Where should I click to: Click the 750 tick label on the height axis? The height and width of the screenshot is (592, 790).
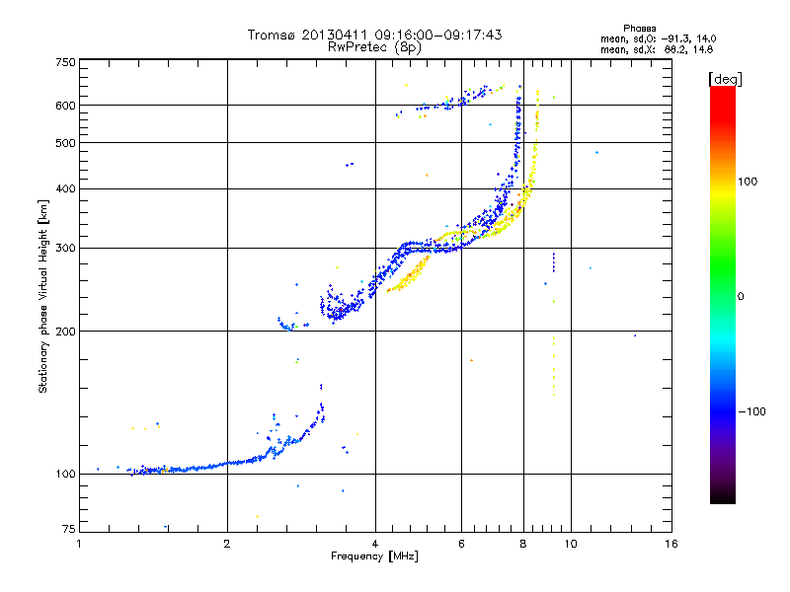click(x=66, y=61)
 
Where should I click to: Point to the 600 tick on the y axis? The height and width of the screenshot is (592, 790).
click(x=66, y=106)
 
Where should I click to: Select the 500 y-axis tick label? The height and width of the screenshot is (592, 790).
click(x=66, y=143)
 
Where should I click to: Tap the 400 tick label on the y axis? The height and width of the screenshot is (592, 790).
click(x=66, y=188)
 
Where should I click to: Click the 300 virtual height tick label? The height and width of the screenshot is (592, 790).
click(x=66, y=248)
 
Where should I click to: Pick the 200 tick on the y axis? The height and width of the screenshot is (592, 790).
click(x=66, y=332)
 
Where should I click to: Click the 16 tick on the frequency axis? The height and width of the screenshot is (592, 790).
click(x=671, y=544)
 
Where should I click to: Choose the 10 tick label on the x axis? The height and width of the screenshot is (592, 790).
click(x=570, y=544)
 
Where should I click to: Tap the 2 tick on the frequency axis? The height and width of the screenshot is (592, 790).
click(x=227, y=544)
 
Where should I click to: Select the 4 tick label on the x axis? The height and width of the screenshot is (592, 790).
click(x=375, y=544)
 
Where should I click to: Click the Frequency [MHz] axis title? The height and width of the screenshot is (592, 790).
click(x=374, y=558)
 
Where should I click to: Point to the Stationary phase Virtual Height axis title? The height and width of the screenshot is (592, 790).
click(x=43, y=296)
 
